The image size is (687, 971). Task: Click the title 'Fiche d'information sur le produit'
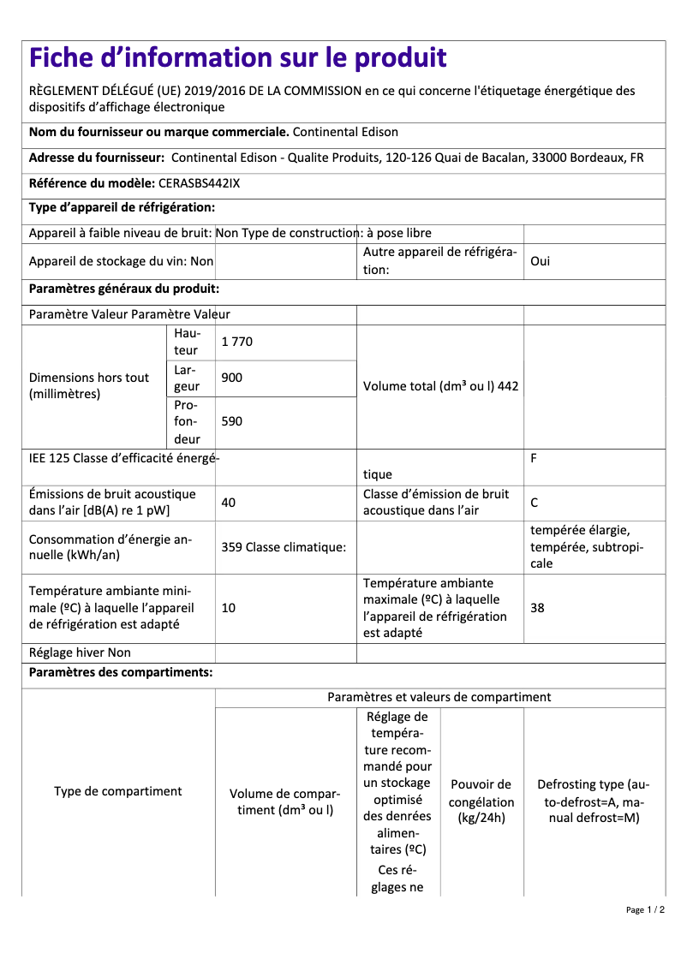click(237, 58)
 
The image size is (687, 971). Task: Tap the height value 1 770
click(237, 342)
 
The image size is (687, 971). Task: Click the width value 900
click(232, 378)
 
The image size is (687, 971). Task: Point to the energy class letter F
click(534, 458)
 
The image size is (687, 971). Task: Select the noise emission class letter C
click(535, 503)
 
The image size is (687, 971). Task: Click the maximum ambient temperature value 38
click(538, 608)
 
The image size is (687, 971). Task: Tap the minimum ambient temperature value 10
click(229, 608)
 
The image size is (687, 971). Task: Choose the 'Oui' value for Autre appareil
click(541, 261)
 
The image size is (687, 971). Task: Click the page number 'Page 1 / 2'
click(645, 909)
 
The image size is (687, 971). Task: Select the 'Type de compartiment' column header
click(118, 791)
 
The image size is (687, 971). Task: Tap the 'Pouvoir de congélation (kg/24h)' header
click(481, 801)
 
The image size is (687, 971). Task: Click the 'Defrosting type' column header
click(594, 801)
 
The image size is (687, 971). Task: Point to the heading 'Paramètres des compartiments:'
click(121, 672)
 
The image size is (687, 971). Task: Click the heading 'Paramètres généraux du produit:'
click(124, 289)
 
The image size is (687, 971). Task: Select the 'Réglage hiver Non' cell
click(81, 652)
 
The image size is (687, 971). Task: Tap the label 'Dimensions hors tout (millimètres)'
click(89, 386)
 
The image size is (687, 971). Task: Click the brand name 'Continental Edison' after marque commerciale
click(345, 132)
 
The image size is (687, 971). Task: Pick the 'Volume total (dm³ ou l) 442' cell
click(440, 386)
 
